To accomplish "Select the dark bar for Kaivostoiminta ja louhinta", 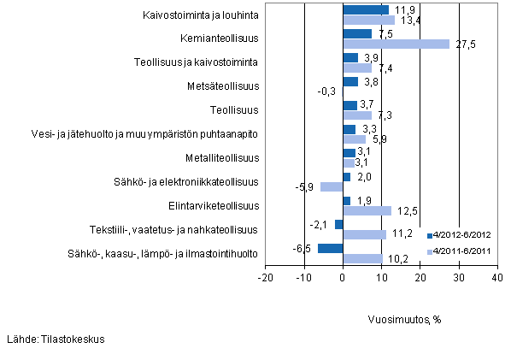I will click(365, 10).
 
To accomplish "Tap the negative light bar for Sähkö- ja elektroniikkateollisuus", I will click(331, 186).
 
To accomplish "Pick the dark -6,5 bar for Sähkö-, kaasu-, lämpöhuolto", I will click(330, 249).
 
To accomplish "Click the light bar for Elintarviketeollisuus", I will click(367, 210).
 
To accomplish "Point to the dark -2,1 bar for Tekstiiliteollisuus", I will click(338, 225).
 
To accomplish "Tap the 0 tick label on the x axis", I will click(343, 278).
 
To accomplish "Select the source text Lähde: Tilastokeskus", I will click(55, 339).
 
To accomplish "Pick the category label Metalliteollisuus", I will click(222, 158).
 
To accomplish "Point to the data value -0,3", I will click(326, 91).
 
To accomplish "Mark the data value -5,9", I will click(307, 187).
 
